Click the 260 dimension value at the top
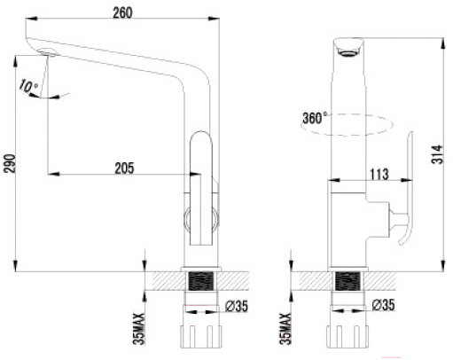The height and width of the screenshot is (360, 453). (122, 12)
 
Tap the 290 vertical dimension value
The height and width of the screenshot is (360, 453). (10, 163)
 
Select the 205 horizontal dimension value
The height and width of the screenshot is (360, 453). (124, 168)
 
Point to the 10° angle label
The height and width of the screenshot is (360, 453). (28, 86)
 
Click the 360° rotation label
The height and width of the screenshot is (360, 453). (315, 118)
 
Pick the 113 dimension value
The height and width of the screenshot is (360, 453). (379, 174)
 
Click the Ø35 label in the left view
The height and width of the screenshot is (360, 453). (237, 306)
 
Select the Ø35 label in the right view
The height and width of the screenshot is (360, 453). (383, 305)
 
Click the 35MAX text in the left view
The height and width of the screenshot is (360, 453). (139, 328)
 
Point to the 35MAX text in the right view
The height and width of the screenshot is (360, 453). (285, 328)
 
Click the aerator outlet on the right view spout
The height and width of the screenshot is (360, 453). (348, 53)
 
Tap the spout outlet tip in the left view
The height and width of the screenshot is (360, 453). (47, 52)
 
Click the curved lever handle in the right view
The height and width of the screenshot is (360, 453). (405, 189)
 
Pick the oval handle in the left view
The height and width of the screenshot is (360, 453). (201, 188)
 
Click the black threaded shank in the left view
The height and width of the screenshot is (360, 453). (201, 281)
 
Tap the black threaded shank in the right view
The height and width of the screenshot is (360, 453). (348, 281)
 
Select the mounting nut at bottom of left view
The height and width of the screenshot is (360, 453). (201, 337)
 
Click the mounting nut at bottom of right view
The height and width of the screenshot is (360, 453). (348, 337)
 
